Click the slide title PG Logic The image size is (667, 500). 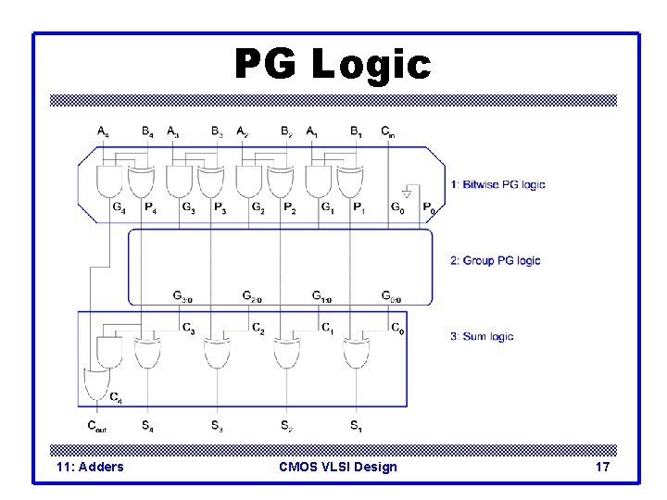pos(333,65)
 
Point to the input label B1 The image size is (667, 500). pos(357,131)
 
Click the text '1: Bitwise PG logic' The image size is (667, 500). pos(497,184)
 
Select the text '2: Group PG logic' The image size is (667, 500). pos(495,260)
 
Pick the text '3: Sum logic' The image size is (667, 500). pos(482,336)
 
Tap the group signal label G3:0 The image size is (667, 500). pos(182,296)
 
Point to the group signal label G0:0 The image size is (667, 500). pos(392,296)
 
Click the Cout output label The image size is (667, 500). pos(97,426)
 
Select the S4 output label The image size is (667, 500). pos(147,426)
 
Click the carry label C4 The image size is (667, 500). pos(116,398)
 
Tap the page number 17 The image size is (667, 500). pos(602,467)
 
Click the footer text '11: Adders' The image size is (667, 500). pos(90,467)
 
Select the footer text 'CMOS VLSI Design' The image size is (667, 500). pos(337,467)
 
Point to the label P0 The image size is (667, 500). pos(429,208)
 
